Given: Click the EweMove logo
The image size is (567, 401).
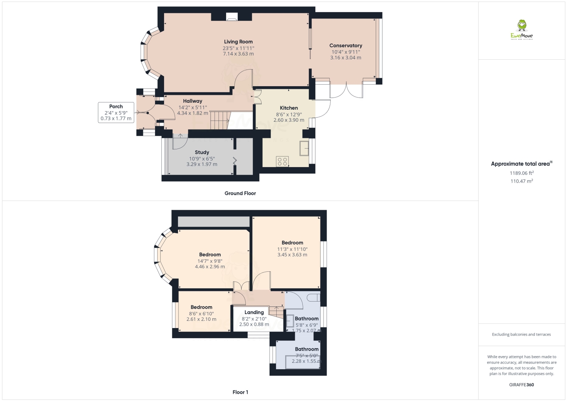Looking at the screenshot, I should pos(522,30).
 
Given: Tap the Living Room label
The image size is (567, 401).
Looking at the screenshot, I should pos(238,42).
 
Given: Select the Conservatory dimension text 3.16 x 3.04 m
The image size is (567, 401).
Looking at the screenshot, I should pos(345,58).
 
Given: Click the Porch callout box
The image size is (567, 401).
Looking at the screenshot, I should pos(116,113).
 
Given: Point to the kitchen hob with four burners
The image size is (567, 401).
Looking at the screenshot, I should pos(282,161).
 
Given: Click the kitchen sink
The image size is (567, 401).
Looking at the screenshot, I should pos(304,149).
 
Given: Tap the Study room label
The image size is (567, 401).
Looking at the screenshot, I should pos(202,152).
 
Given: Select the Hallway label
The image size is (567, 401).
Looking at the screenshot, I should pos(192,101).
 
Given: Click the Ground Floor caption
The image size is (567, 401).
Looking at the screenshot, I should pos(240,193).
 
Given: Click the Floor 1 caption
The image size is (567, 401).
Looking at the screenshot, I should pos(240,392).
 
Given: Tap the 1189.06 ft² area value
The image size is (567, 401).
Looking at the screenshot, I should pos(521,173).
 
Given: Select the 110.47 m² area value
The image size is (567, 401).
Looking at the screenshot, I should pos(521,181).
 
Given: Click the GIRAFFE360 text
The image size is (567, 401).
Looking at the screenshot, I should pos(521,385).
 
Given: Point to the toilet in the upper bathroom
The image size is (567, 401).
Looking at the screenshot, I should pos(313,298).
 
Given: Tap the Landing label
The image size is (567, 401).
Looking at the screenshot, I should pos(254,312).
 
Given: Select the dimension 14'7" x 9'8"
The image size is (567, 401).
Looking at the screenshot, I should pos(210,261).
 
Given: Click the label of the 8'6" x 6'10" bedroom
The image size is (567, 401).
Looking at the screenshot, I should pos(201,307).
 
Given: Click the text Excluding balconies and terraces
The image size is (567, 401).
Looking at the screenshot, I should pos(521,334).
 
